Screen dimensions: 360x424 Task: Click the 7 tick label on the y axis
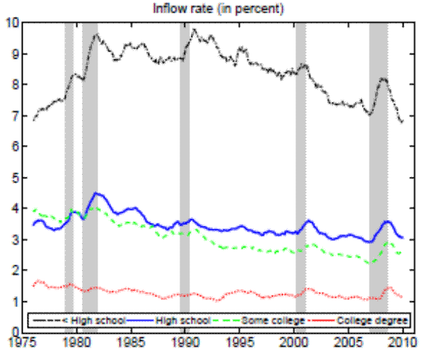point(15,115)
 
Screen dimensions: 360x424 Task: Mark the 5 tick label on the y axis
point(15,176)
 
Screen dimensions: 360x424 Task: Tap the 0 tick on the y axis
point(15,331)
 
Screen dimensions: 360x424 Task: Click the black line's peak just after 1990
point(194,30)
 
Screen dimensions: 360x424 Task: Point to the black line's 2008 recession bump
point(382,79)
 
